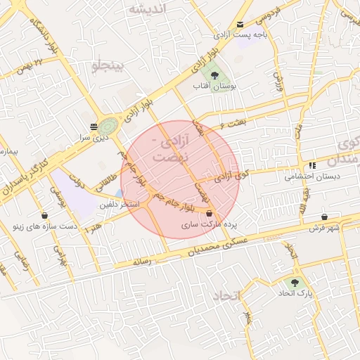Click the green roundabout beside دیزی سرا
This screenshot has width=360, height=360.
(x=108, y=127)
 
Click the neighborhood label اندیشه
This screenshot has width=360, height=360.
(x=149, y=8)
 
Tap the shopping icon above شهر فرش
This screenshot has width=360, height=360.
(x=324, y=217)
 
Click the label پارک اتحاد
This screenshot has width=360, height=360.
(x=295, y=292)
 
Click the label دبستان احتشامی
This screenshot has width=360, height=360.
(x=312, y=177)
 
